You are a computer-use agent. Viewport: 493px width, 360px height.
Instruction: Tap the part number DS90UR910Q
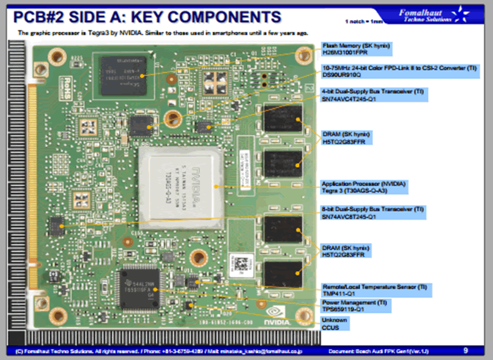[341, 75]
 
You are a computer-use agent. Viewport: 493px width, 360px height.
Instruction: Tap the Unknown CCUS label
[335, 320]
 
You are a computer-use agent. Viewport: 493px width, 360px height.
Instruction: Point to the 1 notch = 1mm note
[365, 21]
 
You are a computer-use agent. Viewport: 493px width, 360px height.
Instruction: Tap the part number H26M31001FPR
[346, 53]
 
